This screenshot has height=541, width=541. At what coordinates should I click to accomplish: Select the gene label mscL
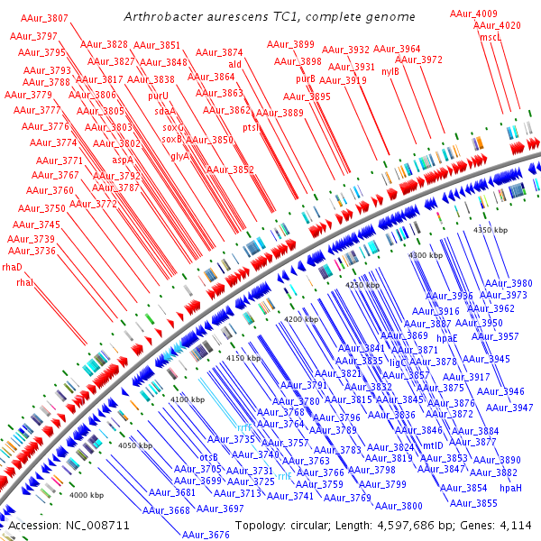(491, 38)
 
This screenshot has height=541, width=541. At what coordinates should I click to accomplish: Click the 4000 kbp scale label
(87, 495)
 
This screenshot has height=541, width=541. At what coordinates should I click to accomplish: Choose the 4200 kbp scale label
(301, 320)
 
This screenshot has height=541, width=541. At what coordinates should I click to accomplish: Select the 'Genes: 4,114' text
(501, 525)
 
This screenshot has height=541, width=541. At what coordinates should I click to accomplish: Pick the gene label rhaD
(12, 267)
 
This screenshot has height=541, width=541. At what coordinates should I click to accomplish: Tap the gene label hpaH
(510, 488)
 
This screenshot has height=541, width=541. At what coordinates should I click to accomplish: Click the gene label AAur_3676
(206, 535)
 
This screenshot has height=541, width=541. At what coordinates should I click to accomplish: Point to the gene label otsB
(209, 457)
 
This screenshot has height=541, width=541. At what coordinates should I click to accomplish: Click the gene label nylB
(390, 71)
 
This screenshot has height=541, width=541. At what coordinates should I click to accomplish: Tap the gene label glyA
(179, 156)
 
